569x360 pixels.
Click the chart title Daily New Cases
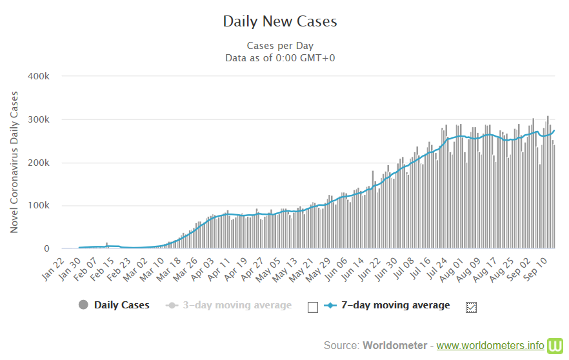coord(280,21)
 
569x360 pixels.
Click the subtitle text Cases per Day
coord(280,46)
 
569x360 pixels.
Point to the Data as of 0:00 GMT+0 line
coord(280,58)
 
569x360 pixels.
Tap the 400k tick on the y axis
coord(39,76)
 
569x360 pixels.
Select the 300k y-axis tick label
coord(39,119)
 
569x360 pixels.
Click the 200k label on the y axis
coord(39,163)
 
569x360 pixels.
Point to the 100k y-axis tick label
coord(39,205)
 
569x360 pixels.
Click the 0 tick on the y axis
coord(46,248)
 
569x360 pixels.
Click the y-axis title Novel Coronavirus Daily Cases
coord(14,162)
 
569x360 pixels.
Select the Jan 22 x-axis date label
coord(53,269)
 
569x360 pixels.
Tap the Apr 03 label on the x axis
coord(202,269)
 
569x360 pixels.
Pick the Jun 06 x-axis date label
coord(335,269)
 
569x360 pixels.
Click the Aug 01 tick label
coord(451,269)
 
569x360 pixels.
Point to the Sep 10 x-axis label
coord(535,269)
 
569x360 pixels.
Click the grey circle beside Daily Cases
coord(83,305)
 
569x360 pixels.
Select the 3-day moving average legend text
coord(237,305)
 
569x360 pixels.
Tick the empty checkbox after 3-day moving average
coord(313,307)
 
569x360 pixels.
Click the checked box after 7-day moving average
coord(471,307)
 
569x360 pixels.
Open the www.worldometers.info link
coord(490,346)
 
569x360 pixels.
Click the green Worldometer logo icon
coord(555,346)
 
